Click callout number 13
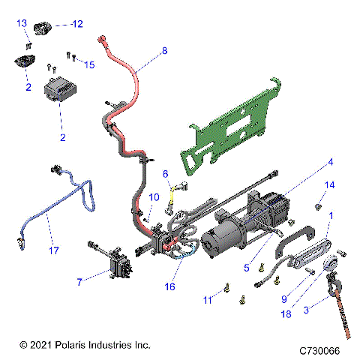pos(22,24)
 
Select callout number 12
pos(76,24)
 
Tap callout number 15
pos(89,65)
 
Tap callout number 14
pos(330,184)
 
